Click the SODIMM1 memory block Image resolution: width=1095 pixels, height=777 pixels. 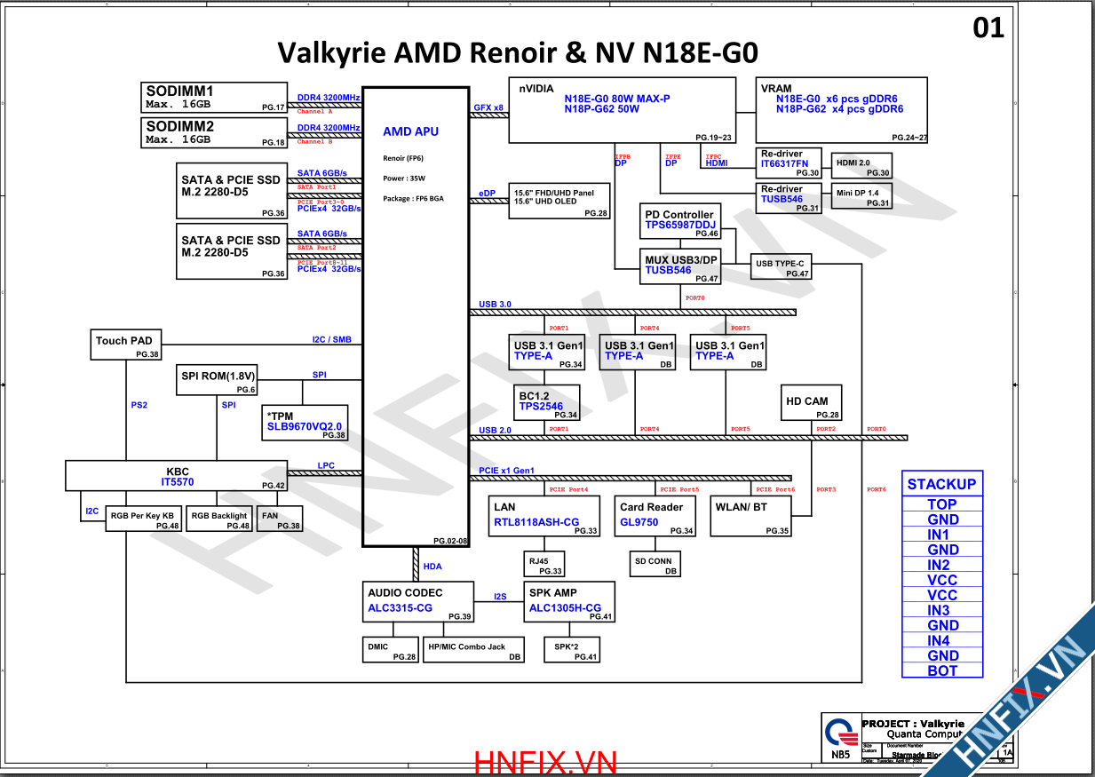pos(214,97)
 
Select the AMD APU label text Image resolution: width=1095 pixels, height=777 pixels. pos(410,131)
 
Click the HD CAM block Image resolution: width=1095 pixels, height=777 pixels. pos(810,402)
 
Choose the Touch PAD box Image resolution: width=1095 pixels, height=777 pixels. pos(126,345)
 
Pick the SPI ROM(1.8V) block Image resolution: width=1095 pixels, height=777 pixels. pos(218,381)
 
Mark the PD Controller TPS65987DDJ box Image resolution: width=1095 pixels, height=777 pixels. pos(679,221)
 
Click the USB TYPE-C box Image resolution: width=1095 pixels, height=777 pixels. pos(781,267)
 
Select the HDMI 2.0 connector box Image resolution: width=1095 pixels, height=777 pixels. pos(859,167)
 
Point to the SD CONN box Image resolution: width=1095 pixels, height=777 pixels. pos(654,565)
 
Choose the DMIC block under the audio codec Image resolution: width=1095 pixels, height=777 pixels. pos(391,651)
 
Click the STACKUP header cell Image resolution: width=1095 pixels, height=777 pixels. pos(941,484)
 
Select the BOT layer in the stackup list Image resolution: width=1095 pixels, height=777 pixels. pos(942,670)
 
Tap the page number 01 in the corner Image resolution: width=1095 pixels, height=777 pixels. pos(988,28)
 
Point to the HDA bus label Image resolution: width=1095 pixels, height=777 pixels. pos(432,566)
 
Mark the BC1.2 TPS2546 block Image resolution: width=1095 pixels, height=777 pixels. pos(548,402)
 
